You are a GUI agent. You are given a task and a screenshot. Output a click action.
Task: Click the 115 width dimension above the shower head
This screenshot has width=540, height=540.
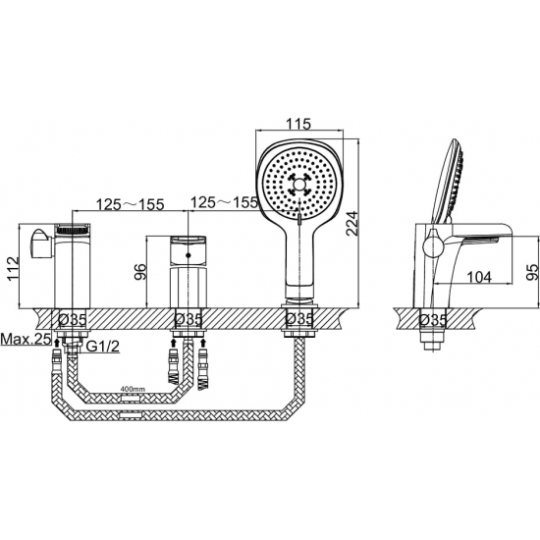(x=298, y=123)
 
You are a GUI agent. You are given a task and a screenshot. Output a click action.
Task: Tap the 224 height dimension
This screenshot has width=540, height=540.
(x=351, y=223)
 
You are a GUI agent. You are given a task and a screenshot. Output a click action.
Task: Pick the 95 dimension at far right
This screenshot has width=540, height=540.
(x=532, y=272)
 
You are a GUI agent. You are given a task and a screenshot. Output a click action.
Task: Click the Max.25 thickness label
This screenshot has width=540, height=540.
(x=25, y=340)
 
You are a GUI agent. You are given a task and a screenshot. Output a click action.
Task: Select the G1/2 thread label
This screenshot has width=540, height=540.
(x=102, y=347)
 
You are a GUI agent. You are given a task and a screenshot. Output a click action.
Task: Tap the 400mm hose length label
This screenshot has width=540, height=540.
(x=133, y=389)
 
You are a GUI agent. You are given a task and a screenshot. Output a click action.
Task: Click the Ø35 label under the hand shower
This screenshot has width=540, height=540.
(x=300, y=319)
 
